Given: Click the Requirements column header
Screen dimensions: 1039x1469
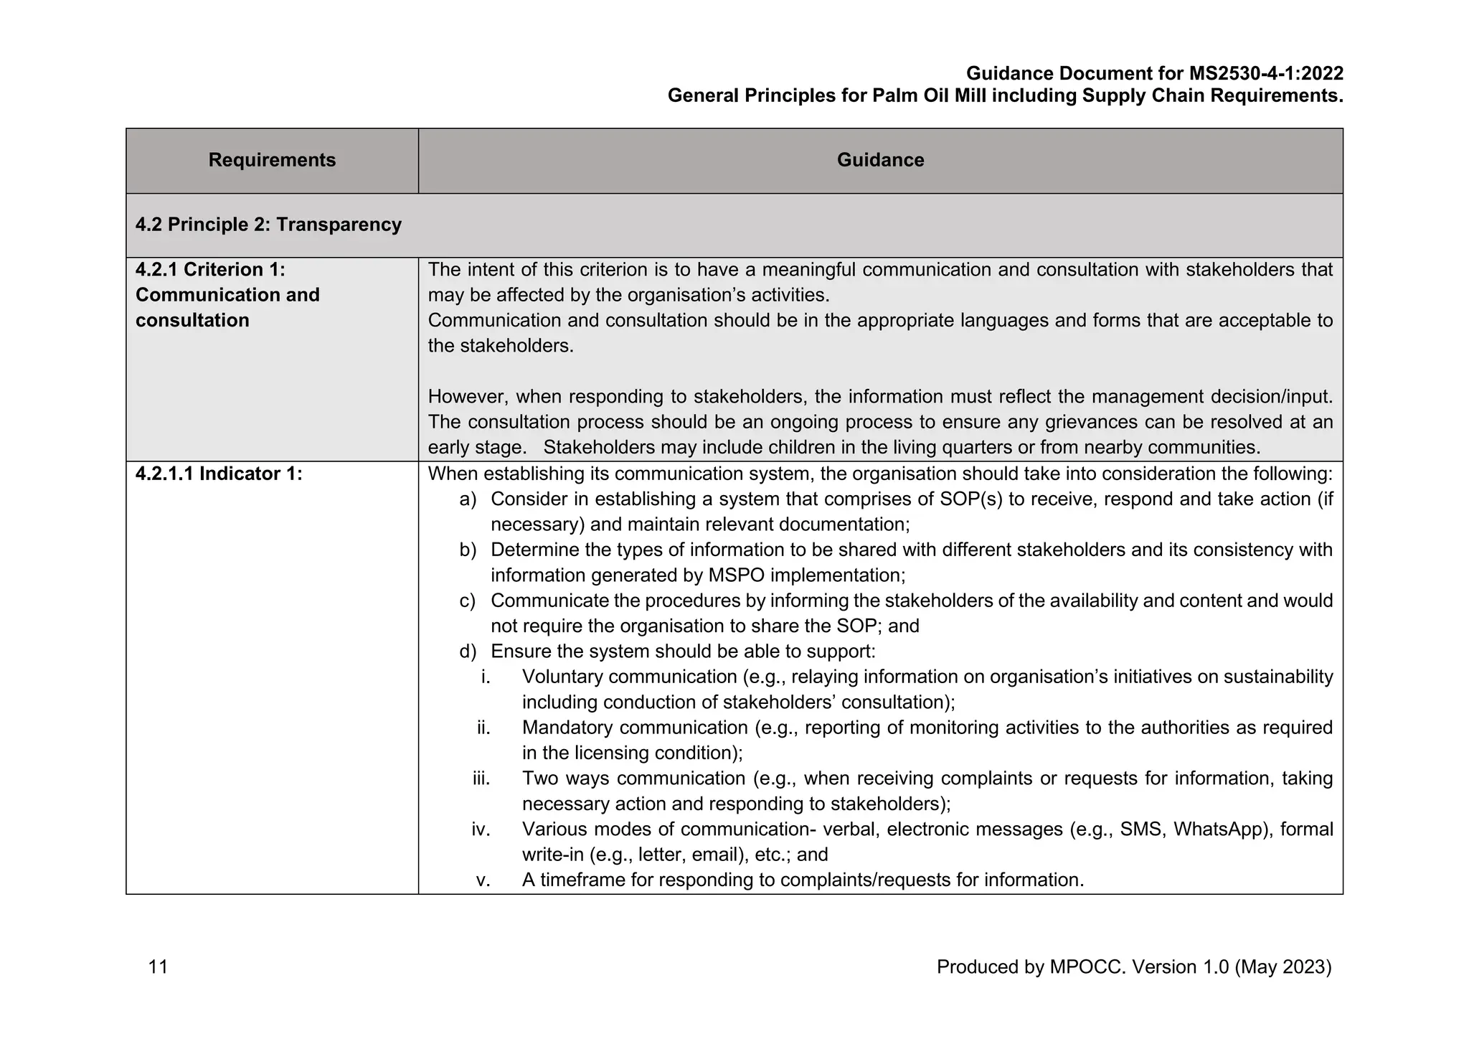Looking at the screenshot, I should pos(272,160).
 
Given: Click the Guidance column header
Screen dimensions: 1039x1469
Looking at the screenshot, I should pos(880,160).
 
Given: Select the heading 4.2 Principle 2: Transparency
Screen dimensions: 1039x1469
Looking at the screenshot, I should pos(268,225).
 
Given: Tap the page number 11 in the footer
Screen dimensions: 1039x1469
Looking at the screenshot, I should pos(158,967).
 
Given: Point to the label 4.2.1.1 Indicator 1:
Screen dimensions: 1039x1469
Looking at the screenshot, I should pos(219,474).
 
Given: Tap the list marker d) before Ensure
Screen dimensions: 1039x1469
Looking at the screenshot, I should pos(468,652).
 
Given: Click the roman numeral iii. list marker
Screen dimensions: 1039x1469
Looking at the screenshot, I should pos(481,779).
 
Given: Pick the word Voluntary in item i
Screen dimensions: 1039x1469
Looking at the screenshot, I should pos(562,677).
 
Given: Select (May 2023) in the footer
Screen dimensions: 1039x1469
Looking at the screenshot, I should pos(1283,967).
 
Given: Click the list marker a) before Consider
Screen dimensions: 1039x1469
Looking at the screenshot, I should pos(468,499).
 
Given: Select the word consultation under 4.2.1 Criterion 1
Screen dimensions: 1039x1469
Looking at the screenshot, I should pos(192,320).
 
